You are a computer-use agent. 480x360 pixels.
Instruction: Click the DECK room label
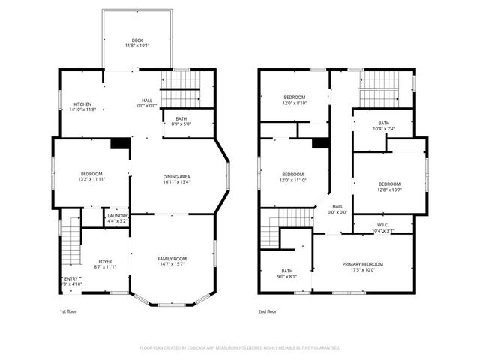[137, 40]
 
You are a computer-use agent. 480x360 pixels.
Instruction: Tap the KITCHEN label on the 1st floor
[82, 103]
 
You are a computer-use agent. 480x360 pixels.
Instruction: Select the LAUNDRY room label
[117, 215]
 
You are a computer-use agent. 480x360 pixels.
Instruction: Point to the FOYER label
[105, 261]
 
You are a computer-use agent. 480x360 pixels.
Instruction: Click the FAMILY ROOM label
[172, 258]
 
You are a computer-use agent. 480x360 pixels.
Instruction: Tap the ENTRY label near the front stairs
[70, 278]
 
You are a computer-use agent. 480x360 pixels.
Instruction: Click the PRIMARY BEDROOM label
[363, 264]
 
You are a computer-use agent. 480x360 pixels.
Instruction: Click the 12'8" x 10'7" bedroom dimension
[389, 190]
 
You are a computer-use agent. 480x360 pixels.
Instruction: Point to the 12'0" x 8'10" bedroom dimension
[294, 103]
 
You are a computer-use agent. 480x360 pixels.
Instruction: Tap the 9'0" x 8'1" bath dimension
[287, 276]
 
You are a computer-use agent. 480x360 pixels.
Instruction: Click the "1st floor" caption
[67, 311]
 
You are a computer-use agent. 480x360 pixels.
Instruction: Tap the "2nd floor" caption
[267, 311]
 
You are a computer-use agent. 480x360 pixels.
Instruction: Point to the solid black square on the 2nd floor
[320, 143]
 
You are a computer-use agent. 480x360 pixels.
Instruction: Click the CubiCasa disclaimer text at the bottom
[240, 348]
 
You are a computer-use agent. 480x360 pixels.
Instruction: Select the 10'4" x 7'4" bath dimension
[384, 129]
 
